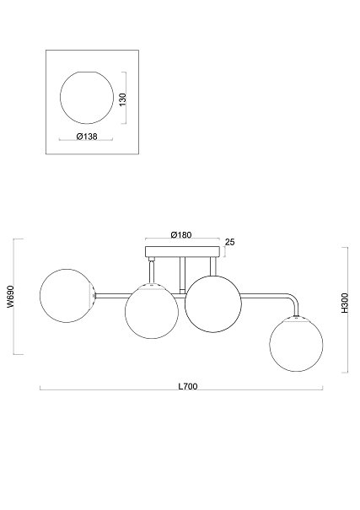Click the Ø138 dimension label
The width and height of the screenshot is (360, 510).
[x=87, y=137]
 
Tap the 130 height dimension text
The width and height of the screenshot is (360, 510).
[x=122, y=99]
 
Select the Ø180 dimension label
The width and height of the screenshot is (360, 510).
[x=181, y=234]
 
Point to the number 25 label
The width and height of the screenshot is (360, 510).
[x=230, y=242]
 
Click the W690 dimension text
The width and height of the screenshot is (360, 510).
[x=10, y=297]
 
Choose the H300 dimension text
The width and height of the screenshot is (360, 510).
[x=345, y=303]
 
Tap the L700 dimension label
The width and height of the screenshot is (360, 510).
[x=188, y=386]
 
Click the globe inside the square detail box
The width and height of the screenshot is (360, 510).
[x=87, y=98]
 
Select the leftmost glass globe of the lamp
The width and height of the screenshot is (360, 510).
[x=67, y=296]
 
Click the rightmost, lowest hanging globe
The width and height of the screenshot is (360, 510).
[x=296, y=344]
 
